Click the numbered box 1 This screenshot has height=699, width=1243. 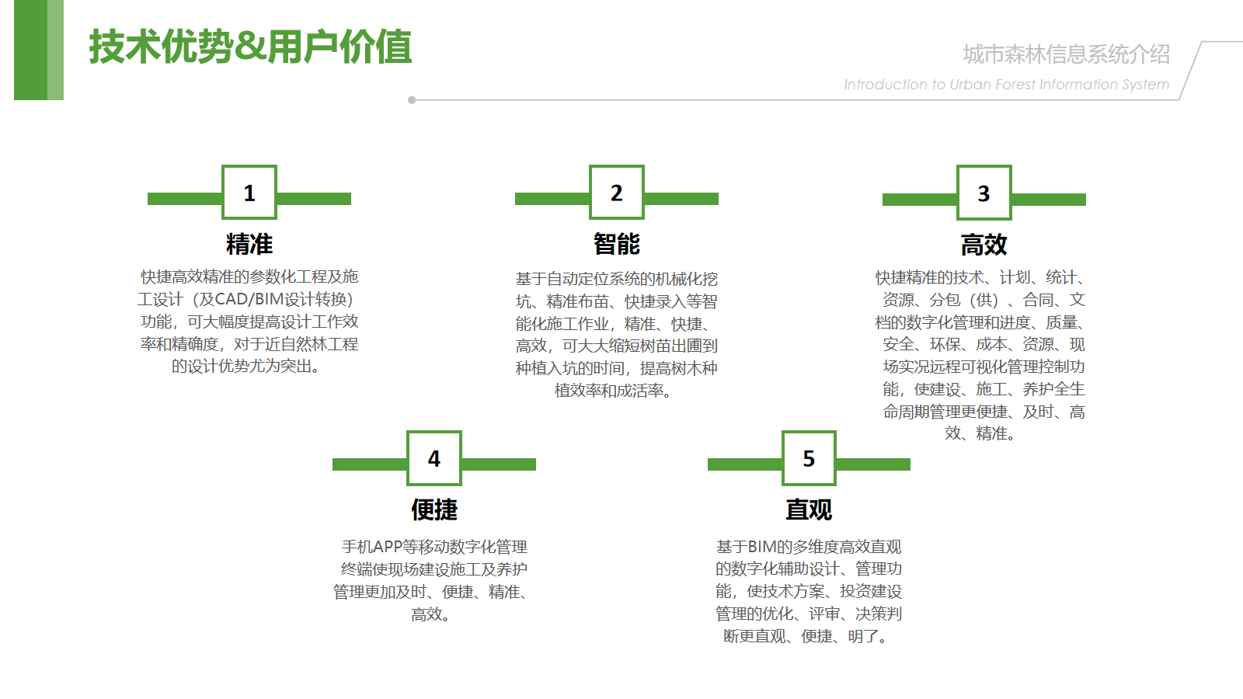pyautogui.click(x=249, y=192)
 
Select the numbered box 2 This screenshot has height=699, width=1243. pyautogui.click(x=617, y=192)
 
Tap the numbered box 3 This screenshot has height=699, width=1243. pyautogui.click(x=984, y=193)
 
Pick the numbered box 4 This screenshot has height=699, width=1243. pyautogui.click(x=434, y=457)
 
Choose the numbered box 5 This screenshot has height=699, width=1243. pyautogui.click(x=809, y=457)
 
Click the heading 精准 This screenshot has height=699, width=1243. pyautogui.click(x=249, y=244)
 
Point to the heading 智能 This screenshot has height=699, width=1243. pyautogui.click(x=617, y=244)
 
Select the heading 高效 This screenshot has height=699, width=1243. pyautogui.click(x=984, y=245)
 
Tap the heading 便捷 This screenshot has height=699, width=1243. pyautogui.click(x=434, y=509)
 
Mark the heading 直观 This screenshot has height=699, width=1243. pyautogui.click(x=809, y=509)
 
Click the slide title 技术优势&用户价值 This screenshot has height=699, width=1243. pyautogui.click(x=250, y=47)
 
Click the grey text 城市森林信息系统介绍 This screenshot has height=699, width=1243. pyautogui.click(x=1066, y=54)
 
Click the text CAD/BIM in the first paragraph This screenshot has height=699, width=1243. pyautogui.click(x=249, y=299)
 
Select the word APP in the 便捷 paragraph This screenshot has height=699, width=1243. pyautogui.click(x=387, y=547)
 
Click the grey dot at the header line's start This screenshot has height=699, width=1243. pyautogui.click(x=412, y=100)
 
